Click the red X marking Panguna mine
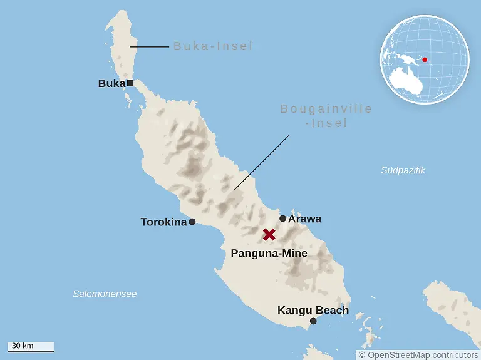pos(269,235)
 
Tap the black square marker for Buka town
pos(130,83)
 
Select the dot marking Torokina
pos(192,222)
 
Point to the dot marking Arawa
pos(283,219)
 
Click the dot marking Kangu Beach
pos(313,321)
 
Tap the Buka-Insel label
pos(213,46)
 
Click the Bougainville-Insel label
pos(326,116)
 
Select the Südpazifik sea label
pos(403,170)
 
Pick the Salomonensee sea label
pos(105,294)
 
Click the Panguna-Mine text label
pos(269,254)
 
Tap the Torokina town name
pos(163,222)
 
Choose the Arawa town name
pos(305,219)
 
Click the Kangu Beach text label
pos(313,310)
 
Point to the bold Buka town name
pos(111,83)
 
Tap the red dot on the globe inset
pos(425,60)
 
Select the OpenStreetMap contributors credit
pos(418,355)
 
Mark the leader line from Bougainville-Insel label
pos(262,162)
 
